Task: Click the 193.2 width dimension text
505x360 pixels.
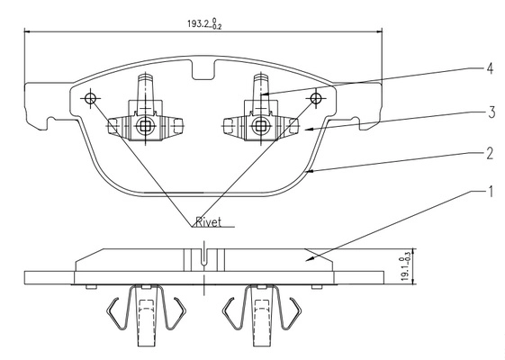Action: pyautogui.click(x=204, y=24)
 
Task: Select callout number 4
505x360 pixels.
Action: pyautogui.click(x=490, y=68)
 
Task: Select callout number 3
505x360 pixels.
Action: pyautogui.click(x=491, y=112)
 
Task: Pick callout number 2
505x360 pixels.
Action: pyautogui.click(x=490, y=154)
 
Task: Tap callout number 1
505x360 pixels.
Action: pyautogui.click(x=491, y=192)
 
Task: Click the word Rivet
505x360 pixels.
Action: pyautogui.click(x=209, y=222)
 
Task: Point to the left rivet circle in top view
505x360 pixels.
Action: pyautogui.click(x=90, y=98)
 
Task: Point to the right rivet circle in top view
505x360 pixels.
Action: pyautogui.click(x=316, y=98)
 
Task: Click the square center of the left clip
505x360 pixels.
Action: pyautogui.click(x=145, y=126)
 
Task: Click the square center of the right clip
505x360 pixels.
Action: pyautogui.click(x=260, y=126)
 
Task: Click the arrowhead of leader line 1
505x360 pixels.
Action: pyautogui.click(x=310, y=258)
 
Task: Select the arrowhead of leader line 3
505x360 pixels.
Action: pyautogui.click(x=309, y=130)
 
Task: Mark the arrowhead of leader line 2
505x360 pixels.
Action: pyautogui.click(x=309, y=172)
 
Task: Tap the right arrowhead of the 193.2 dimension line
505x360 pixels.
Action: pyautogui.click(x=378, y=31)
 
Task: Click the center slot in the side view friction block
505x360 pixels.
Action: pyautogui.click(x=203, y=257)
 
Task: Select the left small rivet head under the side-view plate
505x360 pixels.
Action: pyautogui.click(x=91, y=286)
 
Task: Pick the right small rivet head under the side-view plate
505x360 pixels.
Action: pyautogui.click(x=316, y=286)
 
